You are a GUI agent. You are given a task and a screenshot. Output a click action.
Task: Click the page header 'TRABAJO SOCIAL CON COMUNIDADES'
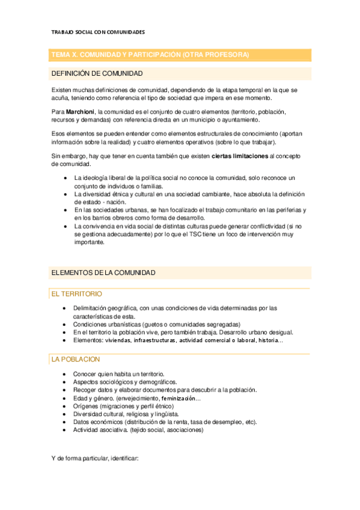tap(98, 31)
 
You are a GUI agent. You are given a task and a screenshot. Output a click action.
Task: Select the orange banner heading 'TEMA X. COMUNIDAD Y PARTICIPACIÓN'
tap(150, 55)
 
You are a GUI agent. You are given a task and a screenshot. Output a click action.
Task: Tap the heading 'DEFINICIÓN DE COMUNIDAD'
tap(97, 73)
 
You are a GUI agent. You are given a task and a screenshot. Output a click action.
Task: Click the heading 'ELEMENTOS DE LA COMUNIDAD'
tap(103, 272)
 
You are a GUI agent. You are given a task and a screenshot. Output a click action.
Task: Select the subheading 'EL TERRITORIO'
tap(77, 294)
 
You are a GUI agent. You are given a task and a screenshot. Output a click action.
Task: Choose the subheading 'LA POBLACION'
tap(76, 359)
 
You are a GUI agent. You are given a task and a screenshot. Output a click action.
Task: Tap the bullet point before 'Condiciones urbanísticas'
tap(65, 324)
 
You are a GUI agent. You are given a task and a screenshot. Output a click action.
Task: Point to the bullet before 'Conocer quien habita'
tap(65, 373)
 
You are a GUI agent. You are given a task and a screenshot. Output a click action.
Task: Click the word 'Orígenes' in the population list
tap(87, 406)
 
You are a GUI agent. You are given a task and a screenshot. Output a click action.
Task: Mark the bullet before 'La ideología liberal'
tap(65, 178)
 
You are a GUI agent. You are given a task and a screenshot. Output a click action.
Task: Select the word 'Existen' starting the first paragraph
tap(63, 90)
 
